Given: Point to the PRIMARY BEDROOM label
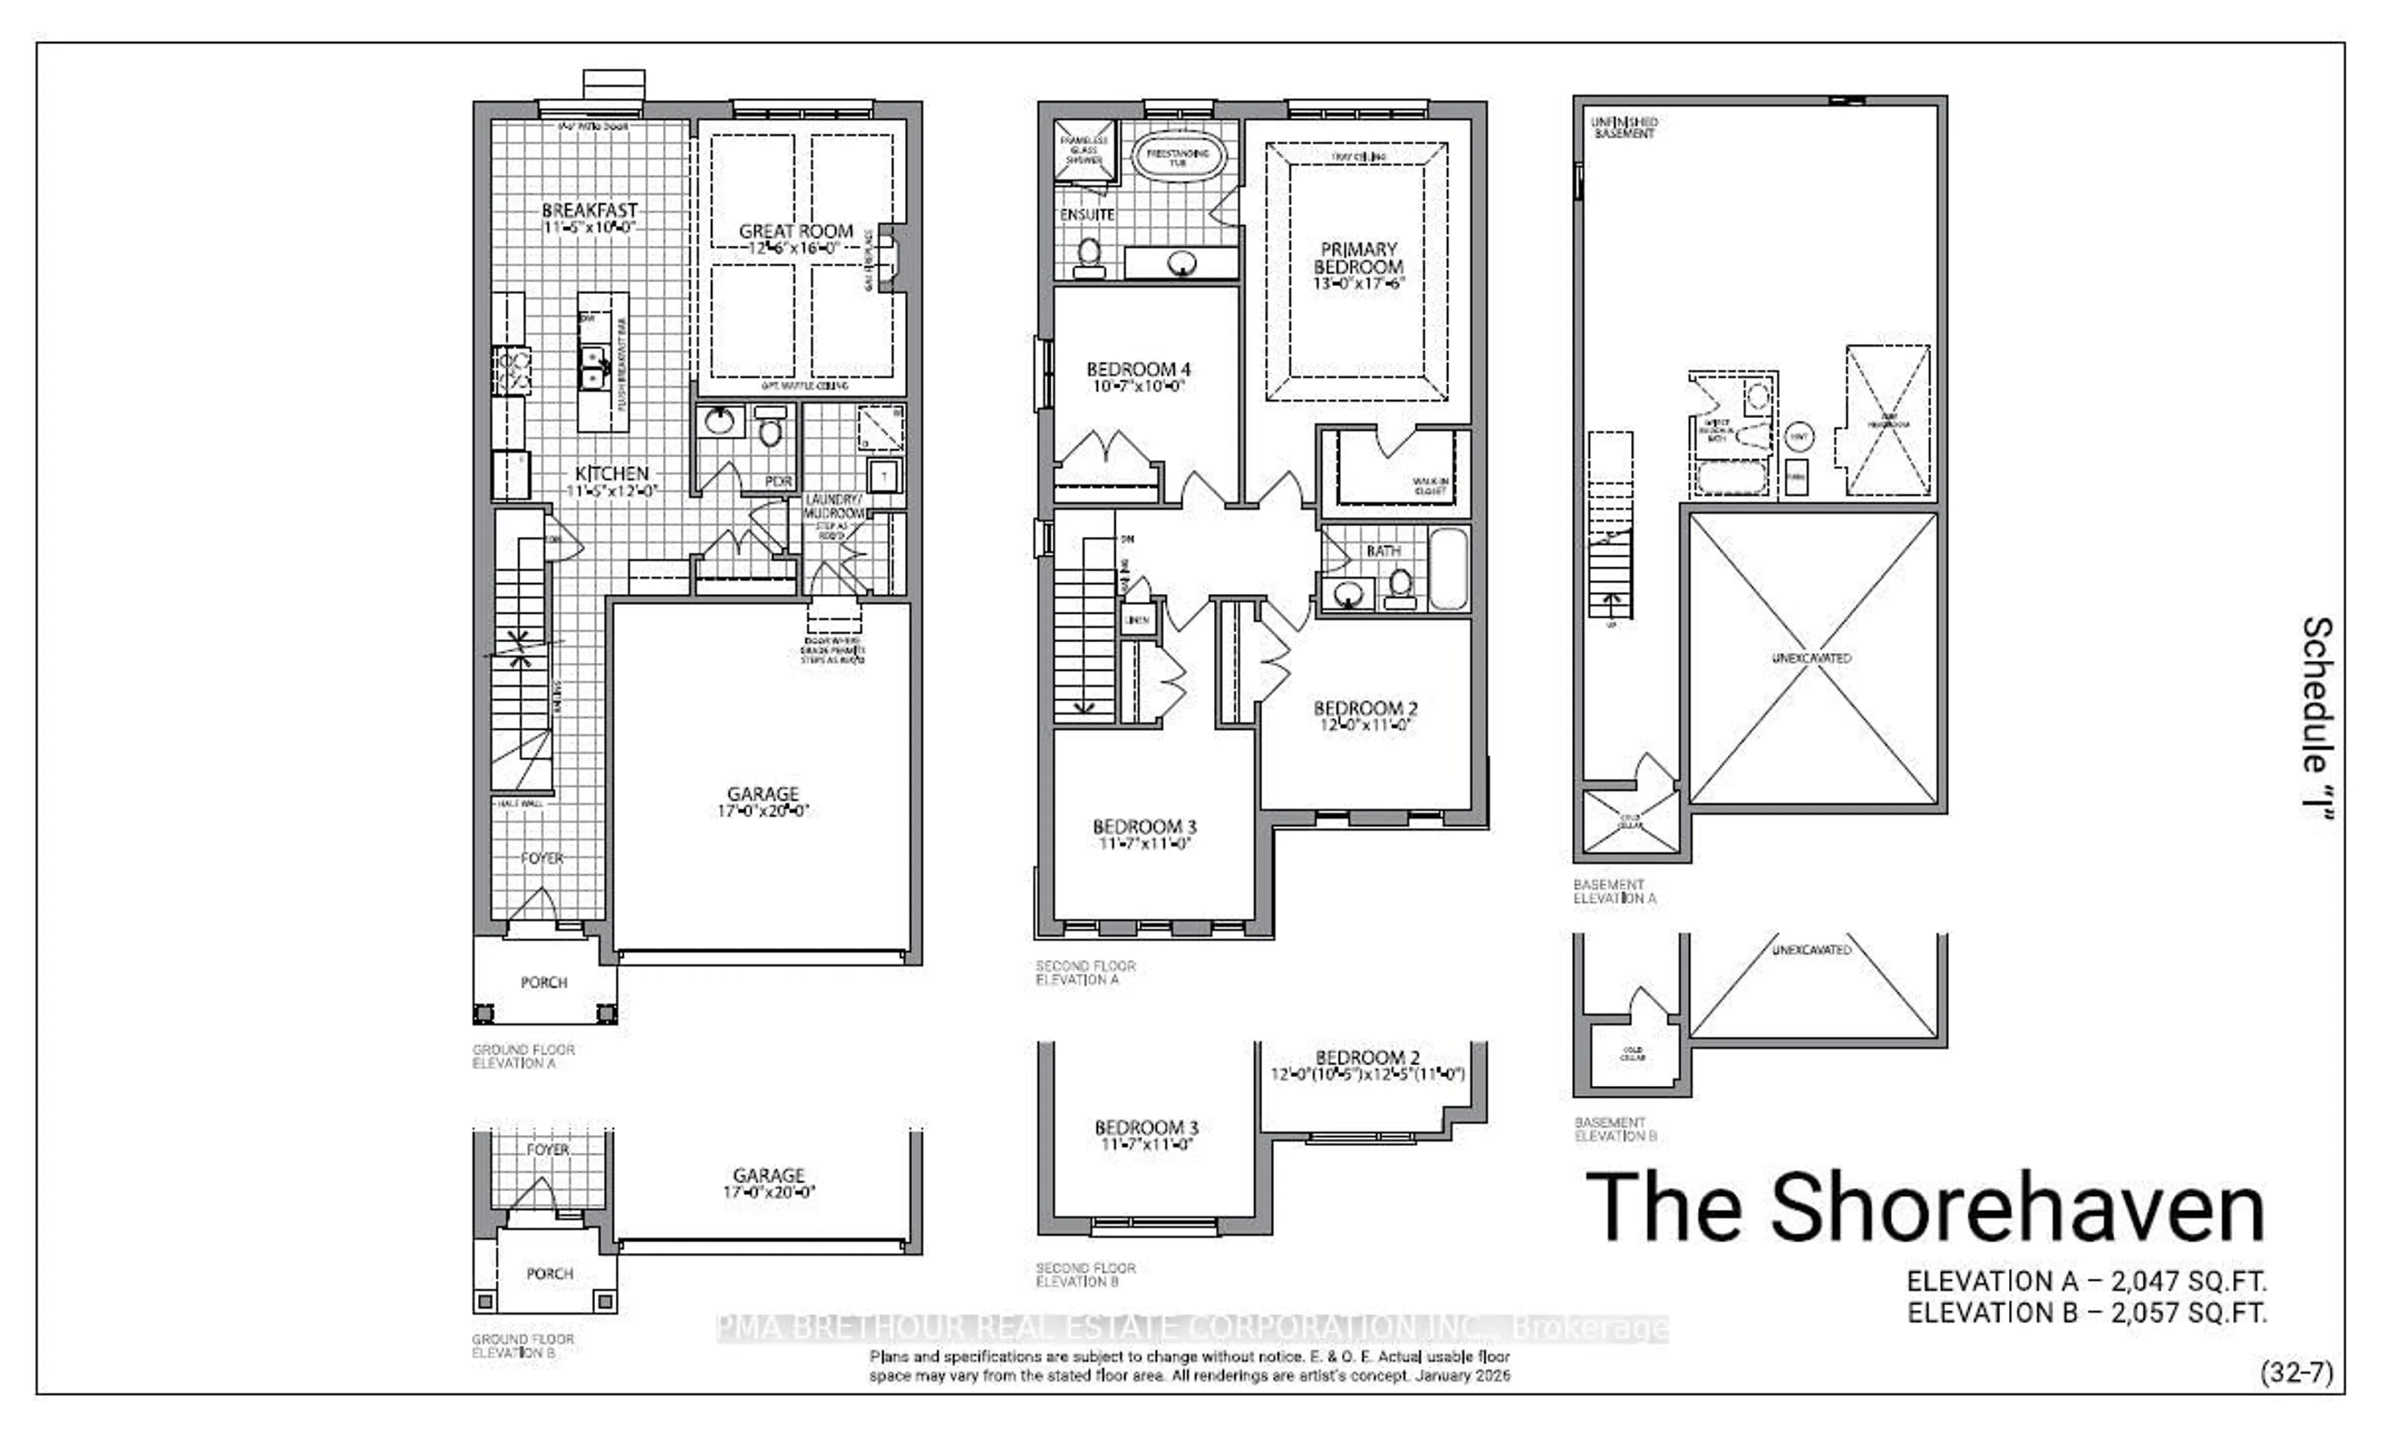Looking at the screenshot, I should (1358, 257).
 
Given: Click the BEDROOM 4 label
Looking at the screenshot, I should (1138, 369).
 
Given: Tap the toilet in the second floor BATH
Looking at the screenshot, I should (1399, 584).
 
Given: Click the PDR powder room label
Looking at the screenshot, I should (779, 481).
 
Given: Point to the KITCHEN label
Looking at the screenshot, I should (611, 473).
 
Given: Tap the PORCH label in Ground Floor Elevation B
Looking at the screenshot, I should (549, 1274).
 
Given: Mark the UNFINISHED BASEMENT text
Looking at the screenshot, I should (1624, 128).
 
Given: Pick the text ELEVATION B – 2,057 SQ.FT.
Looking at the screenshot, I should (2086, 1312).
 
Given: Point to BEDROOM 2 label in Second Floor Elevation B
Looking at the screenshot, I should (1367, 1058).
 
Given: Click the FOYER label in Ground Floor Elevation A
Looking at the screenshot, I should (542, 858).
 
